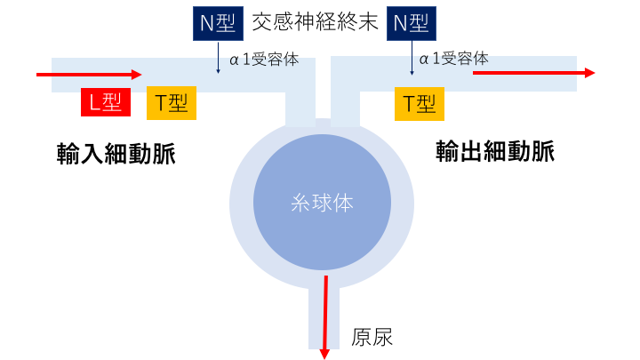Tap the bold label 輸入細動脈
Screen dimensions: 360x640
pyautogui.click(x=116, y=154)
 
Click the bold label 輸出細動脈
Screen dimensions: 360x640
pyautogui.click(x=495, y=152)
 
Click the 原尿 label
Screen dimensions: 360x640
pyautogui.click(x=372, y=337)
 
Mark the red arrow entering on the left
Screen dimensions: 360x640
pyautogui.click(x=89, y=75)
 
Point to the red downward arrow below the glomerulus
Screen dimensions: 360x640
pyautogui.click(x=326, y=316)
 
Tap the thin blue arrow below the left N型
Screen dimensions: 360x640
pyautogui.click(x=219, y=59)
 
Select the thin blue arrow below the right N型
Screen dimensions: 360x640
pyautogui.click(x=412, y=59)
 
